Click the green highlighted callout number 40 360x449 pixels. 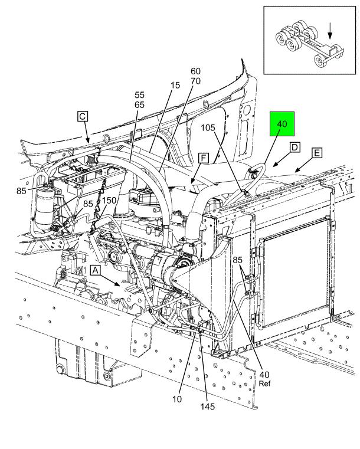coord(282,124)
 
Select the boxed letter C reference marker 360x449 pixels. coord(83,117)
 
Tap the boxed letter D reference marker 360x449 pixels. coord(294,148)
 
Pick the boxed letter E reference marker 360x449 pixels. coord(317,153)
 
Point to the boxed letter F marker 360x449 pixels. coord(204,158)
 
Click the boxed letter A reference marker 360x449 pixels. coord(96,270)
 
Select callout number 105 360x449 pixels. coord(208,127)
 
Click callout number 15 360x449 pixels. coord(175,85)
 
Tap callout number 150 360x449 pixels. coord(109,200)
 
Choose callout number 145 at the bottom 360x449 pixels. coord(208,407)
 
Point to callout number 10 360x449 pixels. coord(177,399)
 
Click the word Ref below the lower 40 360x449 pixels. coord(264,384)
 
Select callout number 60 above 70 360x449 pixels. coord(195,71)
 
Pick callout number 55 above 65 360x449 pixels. coord(139,95)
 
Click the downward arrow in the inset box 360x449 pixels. coord(330,31)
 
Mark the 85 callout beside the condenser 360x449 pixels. coord(237,260)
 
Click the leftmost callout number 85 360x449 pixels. coord(21,191)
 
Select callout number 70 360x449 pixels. coord(195,81)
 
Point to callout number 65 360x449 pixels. coord(139,105)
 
